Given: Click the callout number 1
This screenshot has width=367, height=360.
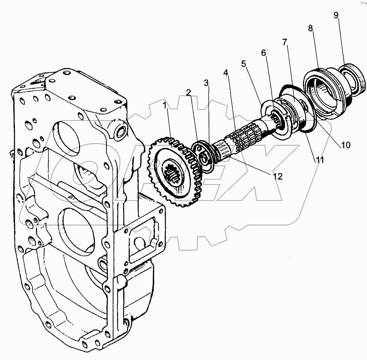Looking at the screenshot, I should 165,106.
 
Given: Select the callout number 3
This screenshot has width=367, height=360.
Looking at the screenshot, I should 206,83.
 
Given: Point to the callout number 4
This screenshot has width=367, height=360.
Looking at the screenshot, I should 226,72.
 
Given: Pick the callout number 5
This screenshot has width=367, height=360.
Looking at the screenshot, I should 243,63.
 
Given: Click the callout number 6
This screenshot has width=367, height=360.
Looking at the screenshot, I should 264,53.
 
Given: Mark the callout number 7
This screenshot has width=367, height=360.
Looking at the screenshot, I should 285,42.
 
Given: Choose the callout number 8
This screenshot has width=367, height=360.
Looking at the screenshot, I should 310,28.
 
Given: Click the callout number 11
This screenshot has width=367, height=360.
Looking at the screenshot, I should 319,160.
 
